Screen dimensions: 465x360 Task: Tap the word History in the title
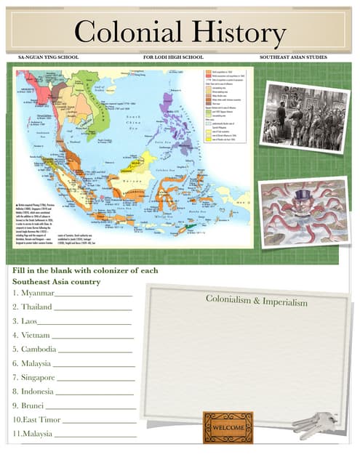[233, 33]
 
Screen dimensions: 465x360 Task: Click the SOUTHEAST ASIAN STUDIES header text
[293, 57]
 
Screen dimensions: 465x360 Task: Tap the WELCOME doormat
[228, 428]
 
